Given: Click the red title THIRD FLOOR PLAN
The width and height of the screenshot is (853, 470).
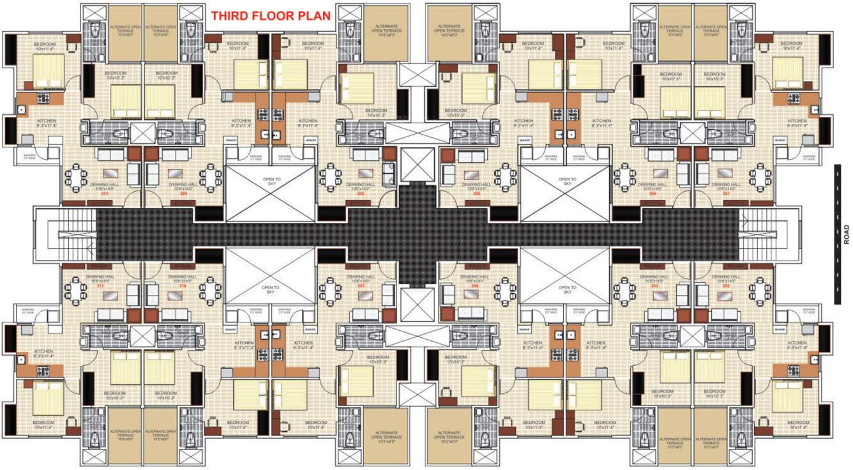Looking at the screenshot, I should pyautogui.click(x=271, y=16).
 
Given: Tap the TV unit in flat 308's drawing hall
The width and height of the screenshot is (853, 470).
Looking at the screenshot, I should pyautogui.click(x=366, y=173).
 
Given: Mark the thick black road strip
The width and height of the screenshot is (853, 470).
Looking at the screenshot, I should pyautogui.click(x=836, y=234).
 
